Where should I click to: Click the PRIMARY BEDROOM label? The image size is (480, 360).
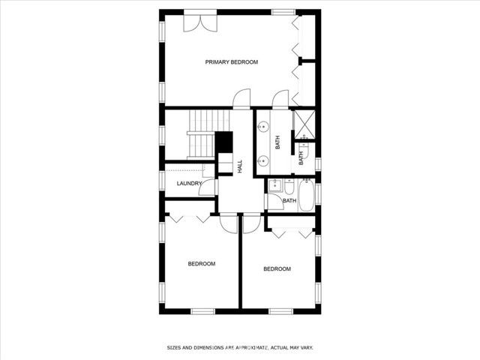point(232,62)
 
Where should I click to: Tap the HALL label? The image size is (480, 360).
point(240,166)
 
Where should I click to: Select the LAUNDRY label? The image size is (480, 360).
point(189,184)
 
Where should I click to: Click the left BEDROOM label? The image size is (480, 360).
point(202,263)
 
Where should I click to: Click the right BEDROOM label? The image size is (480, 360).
point(277,268)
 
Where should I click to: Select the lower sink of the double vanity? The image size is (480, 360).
point(264,160)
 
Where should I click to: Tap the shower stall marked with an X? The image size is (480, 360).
point(304,124)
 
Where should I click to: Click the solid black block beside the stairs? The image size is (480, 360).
point(223,142)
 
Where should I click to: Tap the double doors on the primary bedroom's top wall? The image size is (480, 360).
point(201,22)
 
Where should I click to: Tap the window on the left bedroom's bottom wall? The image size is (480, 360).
point(202,310)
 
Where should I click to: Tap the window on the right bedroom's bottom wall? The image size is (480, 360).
point(280,310)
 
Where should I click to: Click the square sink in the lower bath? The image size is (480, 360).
point(274,185)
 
